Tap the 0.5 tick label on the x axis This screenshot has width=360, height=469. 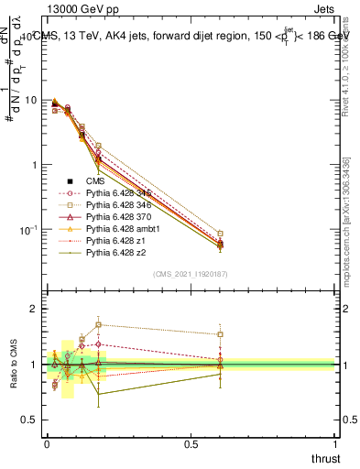(x=191, y=442)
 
